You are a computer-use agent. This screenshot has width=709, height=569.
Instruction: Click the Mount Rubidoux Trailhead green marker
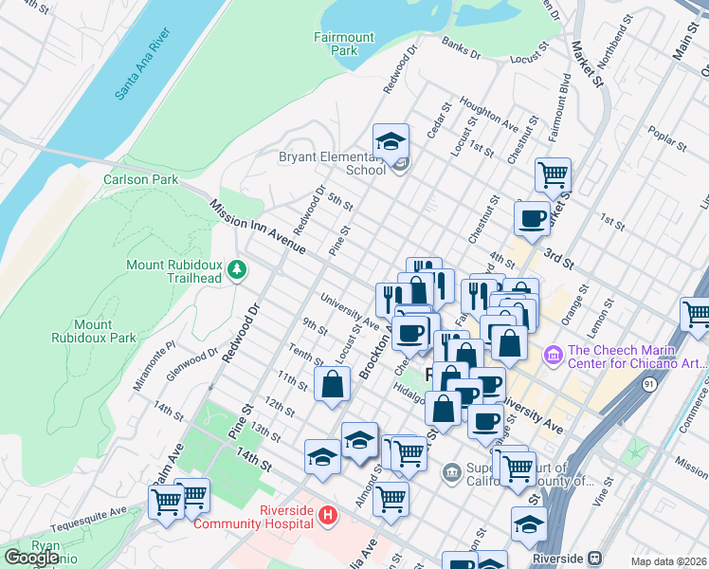(236, 271)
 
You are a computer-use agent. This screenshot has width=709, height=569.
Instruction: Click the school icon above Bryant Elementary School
(391, 143)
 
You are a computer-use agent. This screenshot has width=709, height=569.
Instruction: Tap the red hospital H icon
(328, 516)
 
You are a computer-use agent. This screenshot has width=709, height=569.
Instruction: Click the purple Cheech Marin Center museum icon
(553, 356)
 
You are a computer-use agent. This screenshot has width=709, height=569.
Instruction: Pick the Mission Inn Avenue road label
(256, 227)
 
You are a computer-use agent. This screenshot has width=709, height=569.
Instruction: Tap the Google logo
(31, 558)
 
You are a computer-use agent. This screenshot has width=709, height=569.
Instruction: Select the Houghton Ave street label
(488, 112)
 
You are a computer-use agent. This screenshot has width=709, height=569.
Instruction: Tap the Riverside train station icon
(596, 559)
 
